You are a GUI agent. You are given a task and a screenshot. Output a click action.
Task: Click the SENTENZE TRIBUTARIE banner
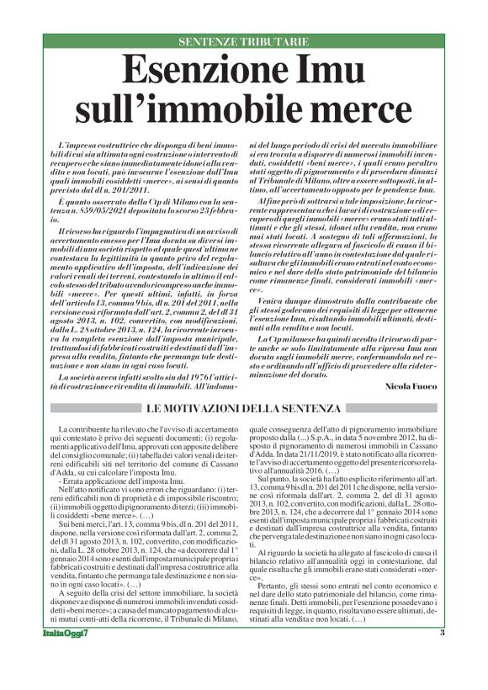(x=243, y=42)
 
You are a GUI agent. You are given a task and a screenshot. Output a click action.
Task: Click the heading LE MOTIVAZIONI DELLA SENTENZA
(x=244, y=409)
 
